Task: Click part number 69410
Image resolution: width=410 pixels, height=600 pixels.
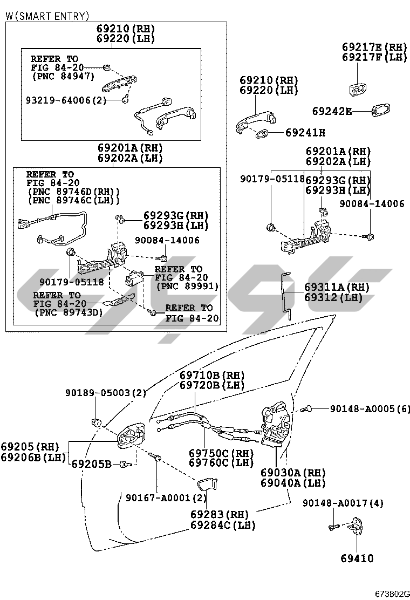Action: click(x=356, y=558)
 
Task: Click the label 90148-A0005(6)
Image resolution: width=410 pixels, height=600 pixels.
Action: click(x=370, y=409)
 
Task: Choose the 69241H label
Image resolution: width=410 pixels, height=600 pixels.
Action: click(x=305, y=132)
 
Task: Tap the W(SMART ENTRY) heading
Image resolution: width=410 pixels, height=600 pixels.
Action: click(x=47, y=16)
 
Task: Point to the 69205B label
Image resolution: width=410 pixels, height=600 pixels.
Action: click(x=92, y=463)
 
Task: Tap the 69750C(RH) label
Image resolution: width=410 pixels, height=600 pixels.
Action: click(x=221, y=453)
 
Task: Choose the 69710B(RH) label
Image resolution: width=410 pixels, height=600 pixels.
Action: click(x=212, y=376)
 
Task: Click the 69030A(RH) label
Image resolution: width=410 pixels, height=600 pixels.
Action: click(x=292, y=473)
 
